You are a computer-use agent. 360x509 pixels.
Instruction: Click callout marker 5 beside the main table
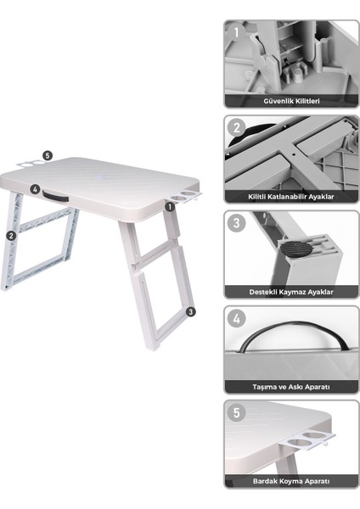point(48,156)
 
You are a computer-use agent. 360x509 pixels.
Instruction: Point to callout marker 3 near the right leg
point(191,311)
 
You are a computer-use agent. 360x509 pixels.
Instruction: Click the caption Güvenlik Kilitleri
point(291,101)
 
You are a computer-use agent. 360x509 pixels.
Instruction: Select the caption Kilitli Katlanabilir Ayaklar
point(291,196)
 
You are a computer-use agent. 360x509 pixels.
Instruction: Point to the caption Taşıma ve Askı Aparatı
point(291,386)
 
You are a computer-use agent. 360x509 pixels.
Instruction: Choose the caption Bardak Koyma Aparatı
point(291,481)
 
